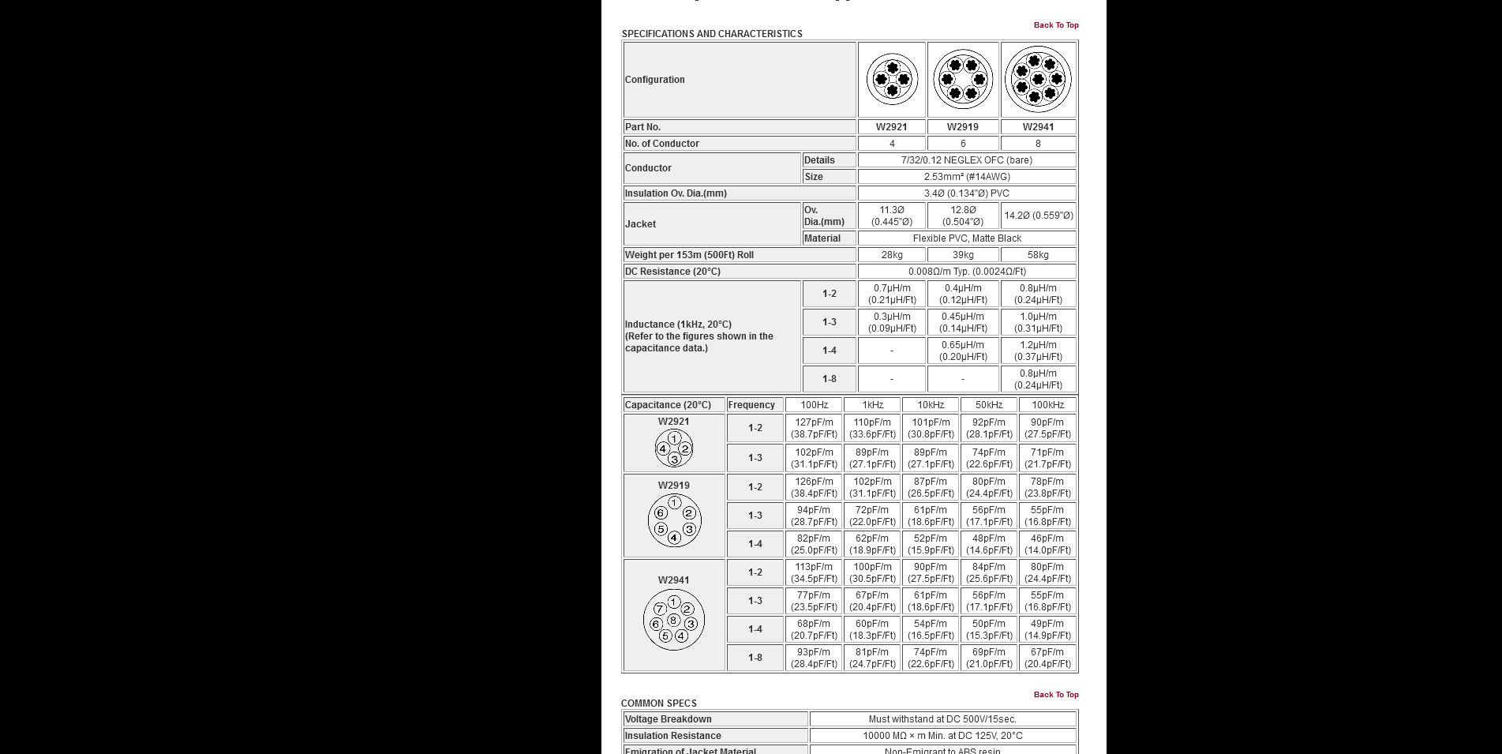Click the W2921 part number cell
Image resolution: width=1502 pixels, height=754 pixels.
(x=891, y=127)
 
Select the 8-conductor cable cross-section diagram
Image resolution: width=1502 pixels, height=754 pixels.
(x=1038, y=79)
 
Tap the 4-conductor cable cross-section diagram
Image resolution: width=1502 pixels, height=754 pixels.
(x=892, y=79)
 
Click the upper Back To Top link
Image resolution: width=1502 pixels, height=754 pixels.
(x=1055, y=25)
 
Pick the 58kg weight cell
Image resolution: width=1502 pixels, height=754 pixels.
(x=1038, y=255)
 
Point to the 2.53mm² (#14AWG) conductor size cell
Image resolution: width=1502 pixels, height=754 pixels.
(x=967, y=177)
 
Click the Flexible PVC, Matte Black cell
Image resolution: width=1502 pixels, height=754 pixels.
(x=967, y=238)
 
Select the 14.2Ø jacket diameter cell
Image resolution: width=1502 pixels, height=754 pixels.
(x=1038, y=216)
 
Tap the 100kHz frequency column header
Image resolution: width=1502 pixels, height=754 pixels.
(x=1047, y=405)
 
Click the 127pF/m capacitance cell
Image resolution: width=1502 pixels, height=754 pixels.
(x=814, y=428)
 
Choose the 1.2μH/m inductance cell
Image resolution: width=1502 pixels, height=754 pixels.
(x=1038, y=351)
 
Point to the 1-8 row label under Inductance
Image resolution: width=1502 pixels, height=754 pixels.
(x=829, y=379)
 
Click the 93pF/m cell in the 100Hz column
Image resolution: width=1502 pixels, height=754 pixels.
(x=814, y=658)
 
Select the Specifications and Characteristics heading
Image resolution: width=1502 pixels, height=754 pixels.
(x=712, y=34)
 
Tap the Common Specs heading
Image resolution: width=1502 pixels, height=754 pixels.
(x=659, y=703)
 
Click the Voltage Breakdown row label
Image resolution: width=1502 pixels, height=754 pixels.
(x=669, y=719)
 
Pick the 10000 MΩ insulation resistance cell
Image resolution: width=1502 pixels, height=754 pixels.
(x=942, y=736)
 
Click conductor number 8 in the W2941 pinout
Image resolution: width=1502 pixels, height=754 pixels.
(x=673, y=620)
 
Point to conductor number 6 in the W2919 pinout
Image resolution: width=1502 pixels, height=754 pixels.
(x=661, y=513)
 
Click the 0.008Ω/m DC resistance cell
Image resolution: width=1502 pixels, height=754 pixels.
(x=967, y=272)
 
